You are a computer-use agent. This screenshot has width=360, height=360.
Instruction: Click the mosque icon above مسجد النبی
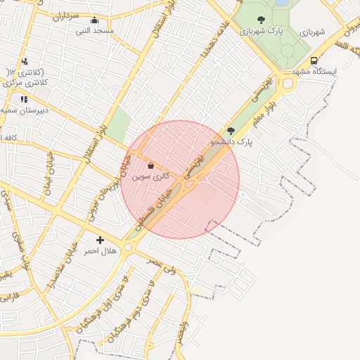coord(94,20)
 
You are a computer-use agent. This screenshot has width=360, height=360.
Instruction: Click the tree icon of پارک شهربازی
coord(262,20)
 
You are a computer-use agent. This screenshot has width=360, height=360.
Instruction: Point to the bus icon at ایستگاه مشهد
coord(313,61)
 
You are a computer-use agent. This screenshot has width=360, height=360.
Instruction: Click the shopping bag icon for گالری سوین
coord(150,166)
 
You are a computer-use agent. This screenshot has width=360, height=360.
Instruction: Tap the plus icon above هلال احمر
coord(100,240)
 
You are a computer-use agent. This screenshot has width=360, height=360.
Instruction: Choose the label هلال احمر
coord(100,250)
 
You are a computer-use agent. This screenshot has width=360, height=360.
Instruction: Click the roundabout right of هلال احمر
coord(129,247)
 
